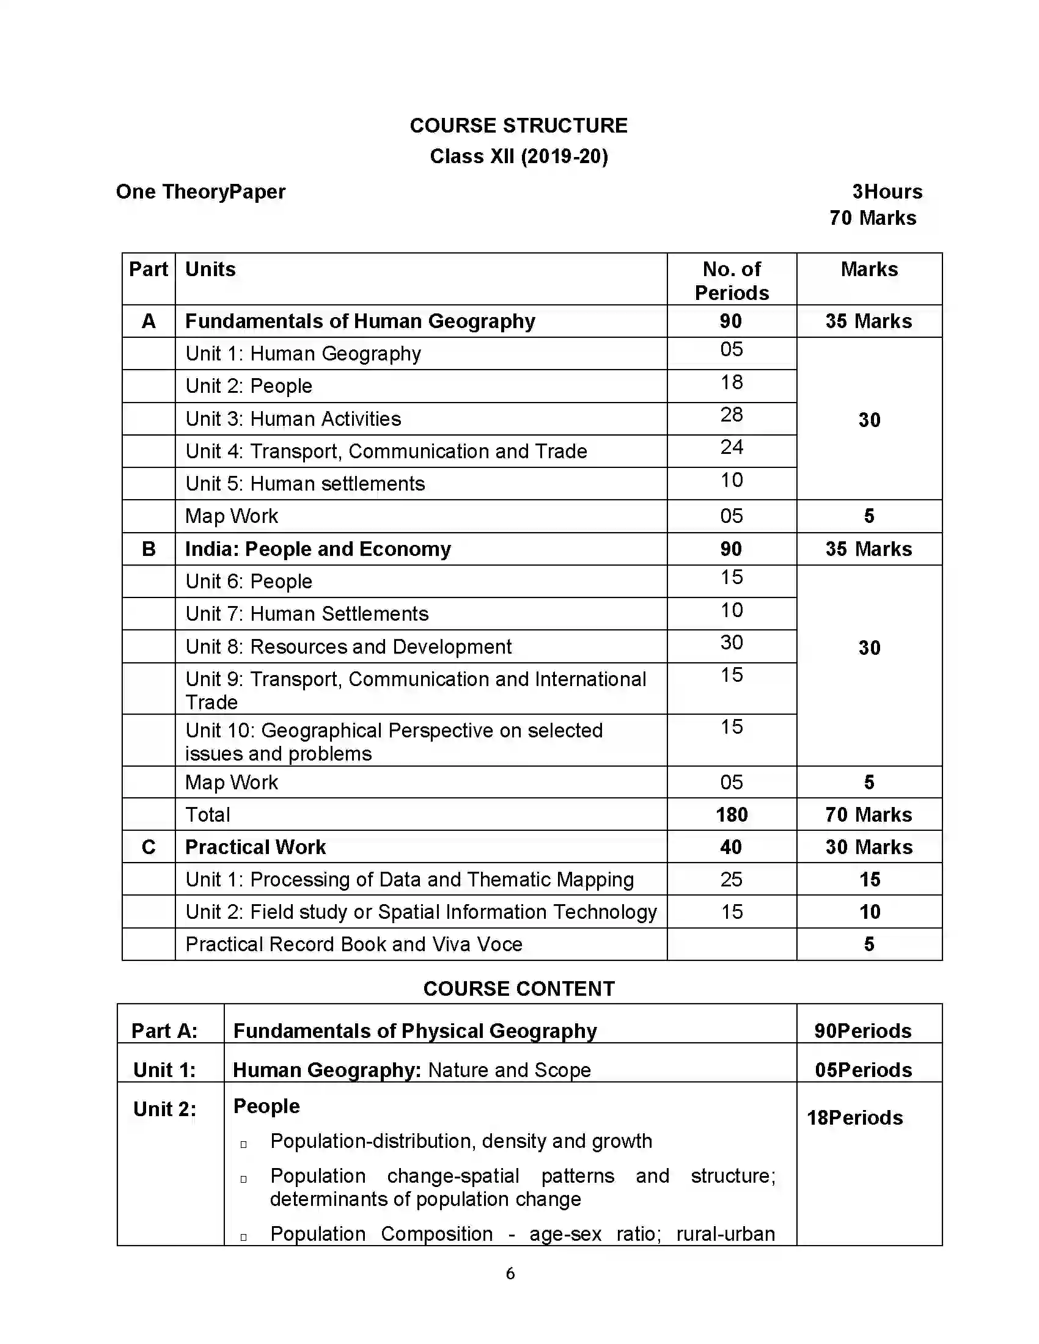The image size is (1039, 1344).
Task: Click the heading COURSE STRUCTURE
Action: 518,125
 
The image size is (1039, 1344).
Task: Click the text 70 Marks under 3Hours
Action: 872,218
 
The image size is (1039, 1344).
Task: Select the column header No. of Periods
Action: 731,280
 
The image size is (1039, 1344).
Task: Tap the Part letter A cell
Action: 149,321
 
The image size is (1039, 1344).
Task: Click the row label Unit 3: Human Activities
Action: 293,419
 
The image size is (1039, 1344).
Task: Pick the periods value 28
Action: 731,415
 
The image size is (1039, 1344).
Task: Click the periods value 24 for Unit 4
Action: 731,447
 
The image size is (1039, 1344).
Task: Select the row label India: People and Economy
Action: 318,549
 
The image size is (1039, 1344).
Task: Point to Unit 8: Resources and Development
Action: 348,647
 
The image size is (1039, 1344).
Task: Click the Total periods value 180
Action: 731,815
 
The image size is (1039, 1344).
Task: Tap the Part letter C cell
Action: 149,847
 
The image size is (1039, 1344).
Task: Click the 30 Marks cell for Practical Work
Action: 868,847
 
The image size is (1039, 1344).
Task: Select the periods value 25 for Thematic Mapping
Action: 731,880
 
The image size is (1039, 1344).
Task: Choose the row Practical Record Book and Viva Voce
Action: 353,944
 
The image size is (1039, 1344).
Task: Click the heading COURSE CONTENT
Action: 518,989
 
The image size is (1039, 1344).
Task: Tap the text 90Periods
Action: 862,1031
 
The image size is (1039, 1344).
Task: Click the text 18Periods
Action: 854,1118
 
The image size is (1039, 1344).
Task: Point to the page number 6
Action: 510,1274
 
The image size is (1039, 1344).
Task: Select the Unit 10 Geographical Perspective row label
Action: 394,742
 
